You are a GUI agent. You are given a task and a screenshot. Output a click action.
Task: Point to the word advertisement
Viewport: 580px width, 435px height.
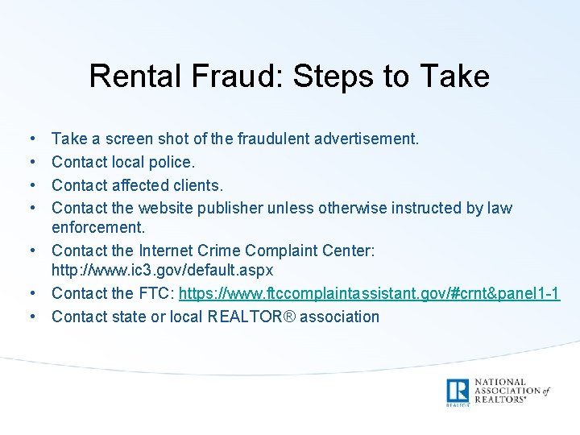tap(367, 139)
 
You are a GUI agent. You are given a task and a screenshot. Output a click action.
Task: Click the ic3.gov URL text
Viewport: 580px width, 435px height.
tap(162, 269)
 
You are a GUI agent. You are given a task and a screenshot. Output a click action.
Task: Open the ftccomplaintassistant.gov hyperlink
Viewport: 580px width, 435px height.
tap(369, 293)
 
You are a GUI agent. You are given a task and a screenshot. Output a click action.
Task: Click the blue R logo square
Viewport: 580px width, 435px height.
tap(458, 390)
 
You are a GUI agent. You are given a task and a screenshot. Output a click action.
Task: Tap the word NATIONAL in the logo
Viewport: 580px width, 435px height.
tap(499, 382)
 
